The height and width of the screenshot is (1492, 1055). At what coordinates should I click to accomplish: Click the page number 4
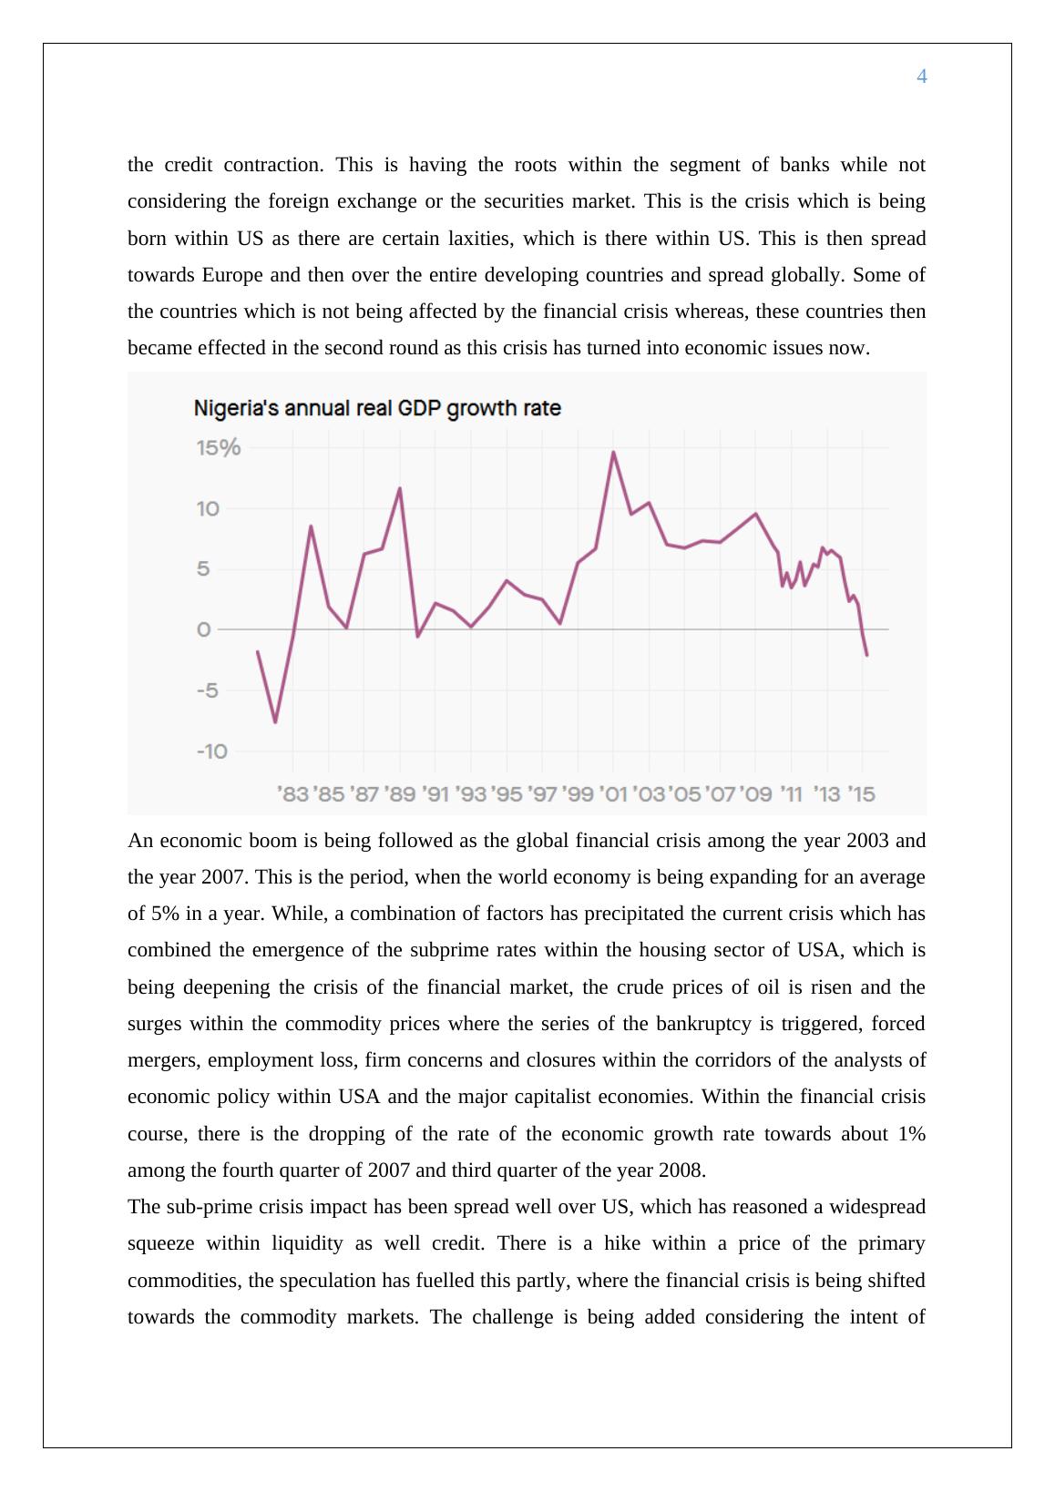coord(921,77)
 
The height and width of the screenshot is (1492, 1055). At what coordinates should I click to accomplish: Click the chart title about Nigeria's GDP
coord(377,408)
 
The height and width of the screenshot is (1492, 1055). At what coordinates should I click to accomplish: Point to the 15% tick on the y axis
coord(219,447)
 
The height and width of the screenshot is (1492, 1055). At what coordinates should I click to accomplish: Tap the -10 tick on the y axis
coord(212,751)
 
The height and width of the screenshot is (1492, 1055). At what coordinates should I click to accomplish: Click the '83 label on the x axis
coord(292,794)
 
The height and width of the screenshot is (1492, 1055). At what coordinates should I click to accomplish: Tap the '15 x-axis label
coord(861,794)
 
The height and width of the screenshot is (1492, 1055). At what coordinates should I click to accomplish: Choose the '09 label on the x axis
coord(756,794)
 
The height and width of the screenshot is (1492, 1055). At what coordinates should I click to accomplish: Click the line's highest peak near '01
coord(613,452)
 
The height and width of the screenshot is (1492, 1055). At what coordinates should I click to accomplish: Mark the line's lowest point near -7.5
coord(275,722)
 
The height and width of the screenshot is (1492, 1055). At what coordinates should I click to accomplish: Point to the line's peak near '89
coord(400,488)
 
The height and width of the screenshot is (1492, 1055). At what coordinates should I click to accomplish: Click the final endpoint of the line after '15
coord(866,655)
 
